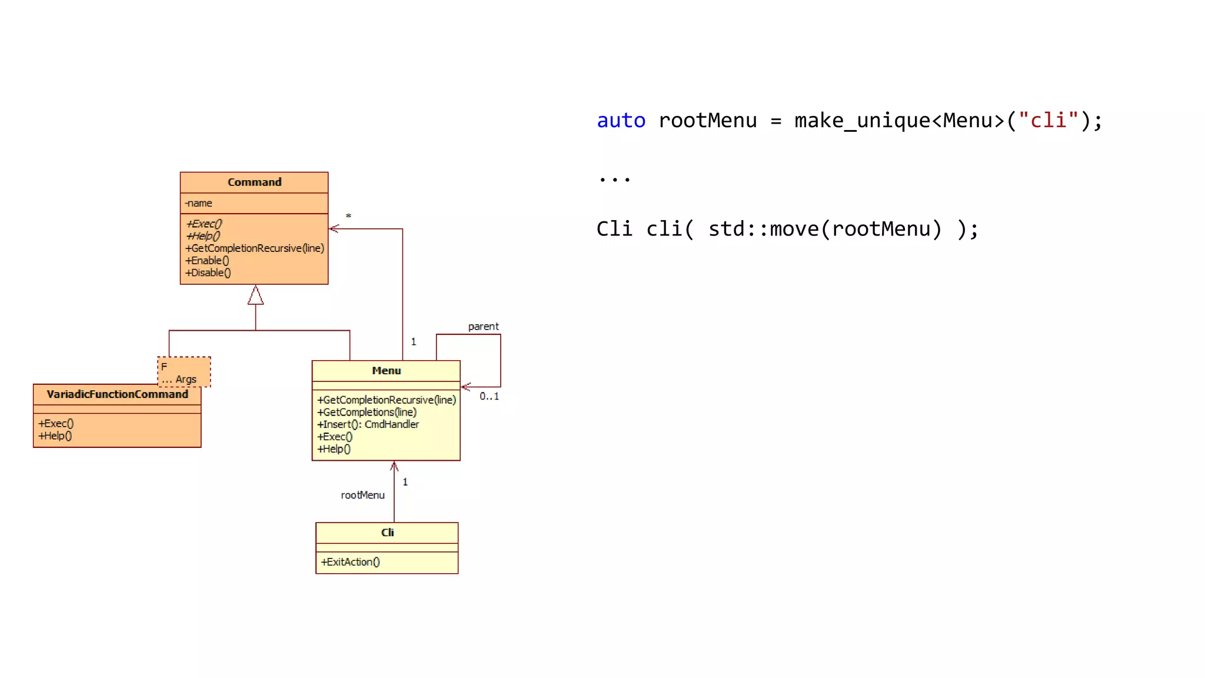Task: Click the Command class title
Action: click(x=254, y=182)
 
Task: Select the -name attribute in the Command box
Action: click(x=199, y=203)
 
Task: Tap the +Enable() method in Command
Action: click(x=207, y=261)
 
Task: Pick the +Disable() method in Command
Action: click(x=208, y=273)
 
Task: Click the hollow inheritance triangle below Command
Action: click(x=255, y=295)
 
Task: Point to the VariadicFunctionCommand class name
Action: click(x=117, y=394)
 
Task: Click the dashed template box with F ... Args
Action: click(x=184, y=372)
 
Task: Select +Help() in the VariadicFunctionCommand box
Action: click(x=55, y=436)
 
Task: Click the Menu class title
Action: click(x=386, y=371)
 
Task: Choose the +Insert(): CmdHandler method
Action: click(x=368, y=424)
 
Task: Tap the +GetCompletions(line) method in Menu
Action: click(x=367, y=413)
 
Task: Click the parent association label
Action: click(x=483, y=327)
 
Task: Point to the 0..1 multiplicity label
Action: click(x=489, y=397)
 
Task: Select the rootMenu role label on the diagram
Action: click(x=362, y=496)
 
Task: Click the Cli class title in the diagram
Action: click(x=387, y=533)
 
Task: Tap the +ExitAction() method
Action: click(x=351, y=562)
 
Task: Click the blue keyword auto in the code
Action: click(x=621, y=121)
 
